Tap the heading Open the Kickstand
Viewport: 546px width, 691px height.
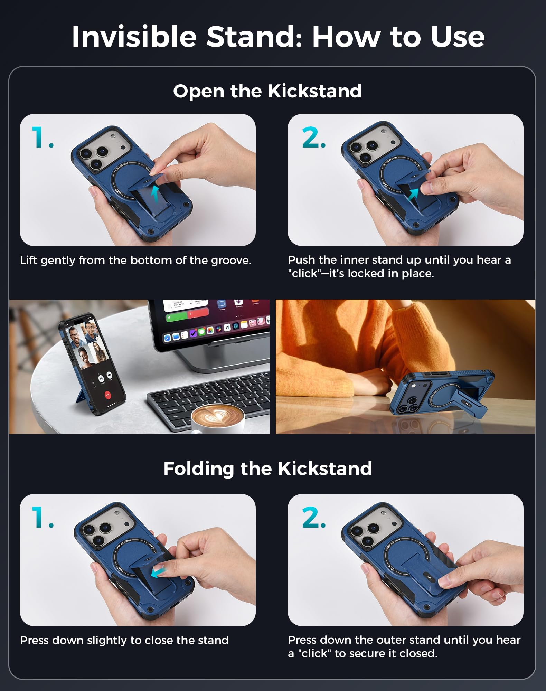click(267, 91)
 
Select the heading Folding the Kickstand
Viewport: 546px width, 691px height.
click(268, 469)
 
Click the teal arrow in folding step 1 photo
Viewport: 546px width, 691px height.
click(158, 572)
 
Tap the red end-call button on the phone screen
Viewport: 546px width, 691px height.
click(108, 395)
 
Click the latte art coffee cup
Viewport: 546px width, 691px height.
click(218, 418)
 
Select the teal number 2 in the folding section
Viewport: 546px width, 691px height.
click(313, 518)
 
